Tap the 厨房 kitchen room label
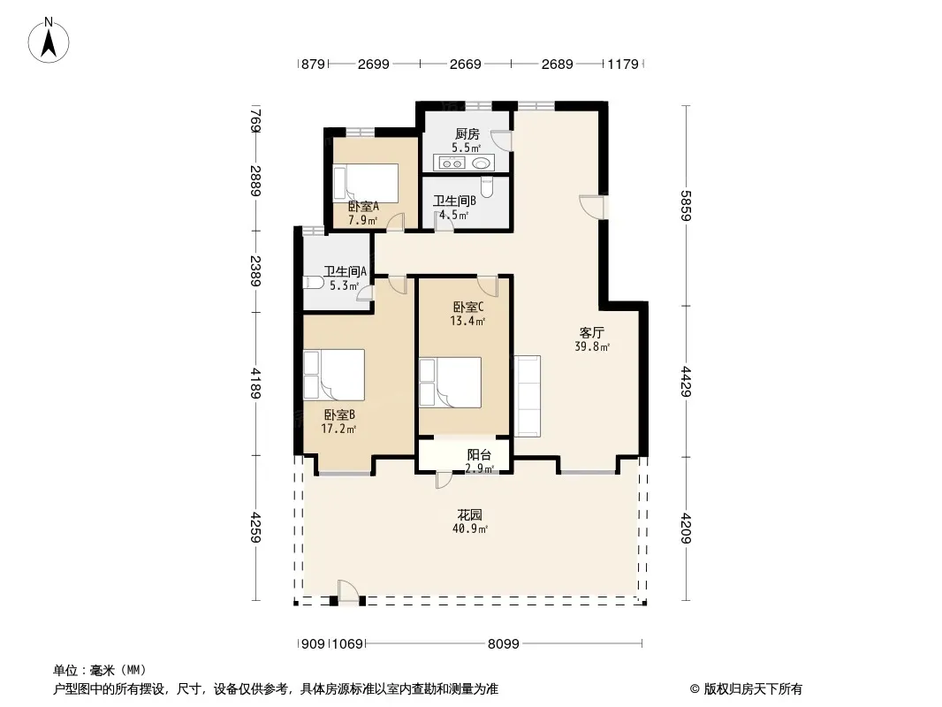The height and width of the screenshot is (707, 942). (x=467, y=133)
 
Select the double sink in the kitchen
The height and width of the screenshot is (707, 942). (x=450, y=163)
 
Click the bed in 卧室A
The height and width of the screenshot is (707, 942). (x=366, y=183)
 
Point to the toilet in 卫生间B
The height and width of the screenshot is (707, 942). (x=487, y=187)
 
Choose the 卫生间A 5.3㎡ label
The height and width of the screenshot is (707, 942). (x=345, y=278)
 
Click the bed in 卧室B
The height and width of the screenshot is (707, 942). (x=334, y=375)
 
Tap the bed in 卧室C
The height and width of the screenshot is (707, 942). (x=450, y=383)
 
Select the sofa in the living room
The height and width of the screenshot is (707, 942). (x=527, y=396)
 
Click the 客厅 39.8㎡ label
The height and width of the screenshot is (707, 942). (x=592, y=338)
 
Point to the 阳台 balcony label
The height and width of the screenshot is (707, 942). (x=479, y=455)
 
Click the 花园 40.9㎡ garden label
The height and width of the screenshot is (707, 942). (x=470, y=521)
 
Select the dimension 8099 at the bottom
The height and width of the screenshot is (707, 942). (x=504, y=644)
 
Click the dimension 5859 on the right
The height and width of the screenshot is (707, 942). (x=686, y=205)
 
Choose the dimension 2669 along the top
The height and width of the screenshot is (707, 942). (x=466, y=64)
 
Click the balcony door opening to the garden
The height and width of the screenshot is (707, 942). (x=444, y=479)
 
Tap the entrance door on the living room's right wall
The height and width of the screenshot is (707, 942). (x=592, y=207)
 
